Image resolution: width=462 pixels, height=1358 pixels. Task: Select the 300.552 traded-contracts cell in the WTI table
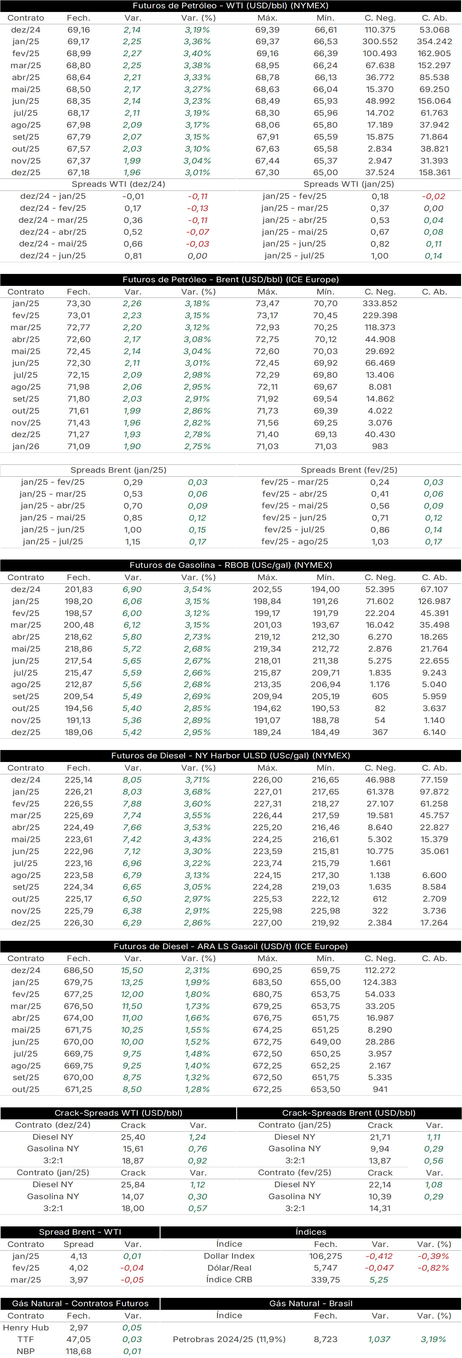[380, 42]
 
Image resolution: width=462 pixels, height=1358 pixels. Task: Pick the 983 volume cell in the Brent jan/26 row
[380, 447]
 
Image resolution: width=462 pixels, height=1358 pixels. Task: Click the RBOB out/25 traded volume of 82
[380, 709]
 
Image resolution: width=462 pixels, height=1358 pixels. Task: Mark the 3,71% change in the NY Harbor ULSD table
[197, 780]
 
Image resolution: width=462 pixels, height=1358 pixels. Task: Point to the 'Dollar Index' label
[229, 1256]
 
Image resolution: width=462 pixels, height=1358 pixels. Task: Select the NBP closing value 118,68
[78, 1352]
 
